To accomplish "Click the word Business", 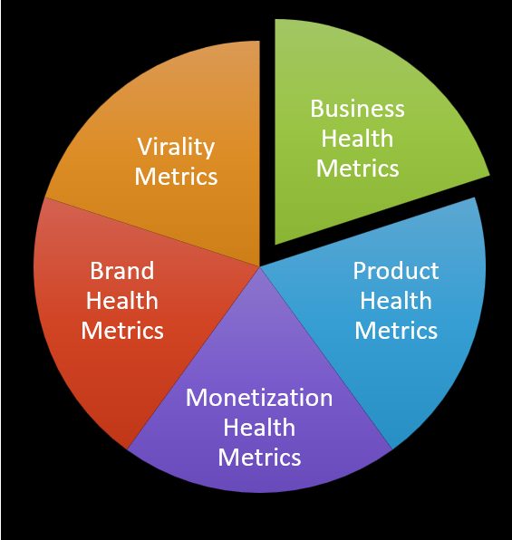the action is [358, 109].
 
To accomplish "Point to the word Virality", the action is [176, 148].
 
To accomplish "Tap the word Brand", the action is [122, 271].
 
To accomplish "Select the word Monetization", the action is [259, 398].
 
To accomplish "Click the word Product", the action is [396, 271].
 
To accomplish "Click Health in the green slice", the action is [357, 139].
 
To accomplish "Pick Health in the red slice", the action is [122, 301].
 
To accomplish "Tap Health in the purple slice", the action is [259, 428].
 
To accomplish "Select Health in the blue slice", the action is [396, 301].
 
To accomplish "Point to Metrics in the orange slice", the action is [176, 177].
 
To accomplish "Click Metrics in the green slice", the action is [358, 169].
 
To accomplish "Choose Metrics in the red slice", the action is [122, 331].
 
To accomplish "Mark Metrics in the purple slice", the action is [259, 458].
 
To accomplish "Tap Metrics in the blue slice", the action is [396, 331].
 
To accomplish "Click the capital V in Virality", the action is [145, 147].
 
